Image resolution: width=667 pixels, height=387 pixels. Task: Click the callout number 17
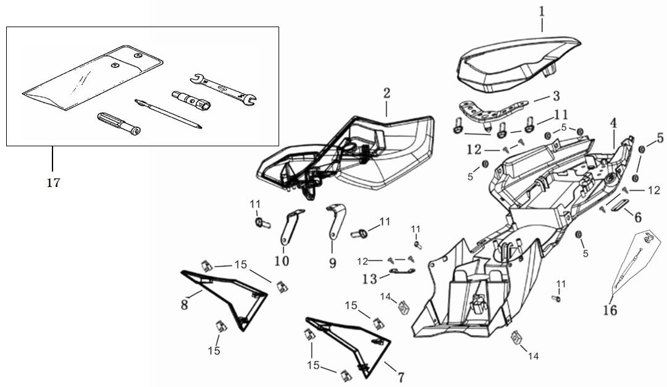coord(53,183)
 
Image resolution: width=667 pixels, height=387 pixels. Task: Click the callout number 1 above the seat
coord(542,11)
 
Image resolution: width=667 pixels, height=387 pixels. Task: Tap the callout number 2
coord(387,94)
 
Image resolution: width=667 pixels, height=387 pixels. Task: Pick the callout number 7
coord(401,376)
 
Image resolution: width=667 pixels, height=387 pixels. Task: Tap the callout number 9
coord(332,264)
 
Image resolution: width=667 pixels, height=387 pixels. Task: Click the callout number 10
coord(282,260)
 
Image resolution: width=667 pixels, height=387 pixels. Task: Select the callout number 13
coord(370,280)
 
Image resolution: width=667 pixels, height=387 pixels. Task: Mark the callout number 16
coord(610,309)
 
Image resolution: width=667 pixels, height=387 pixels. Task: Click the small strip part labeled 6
coord(620,205)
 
